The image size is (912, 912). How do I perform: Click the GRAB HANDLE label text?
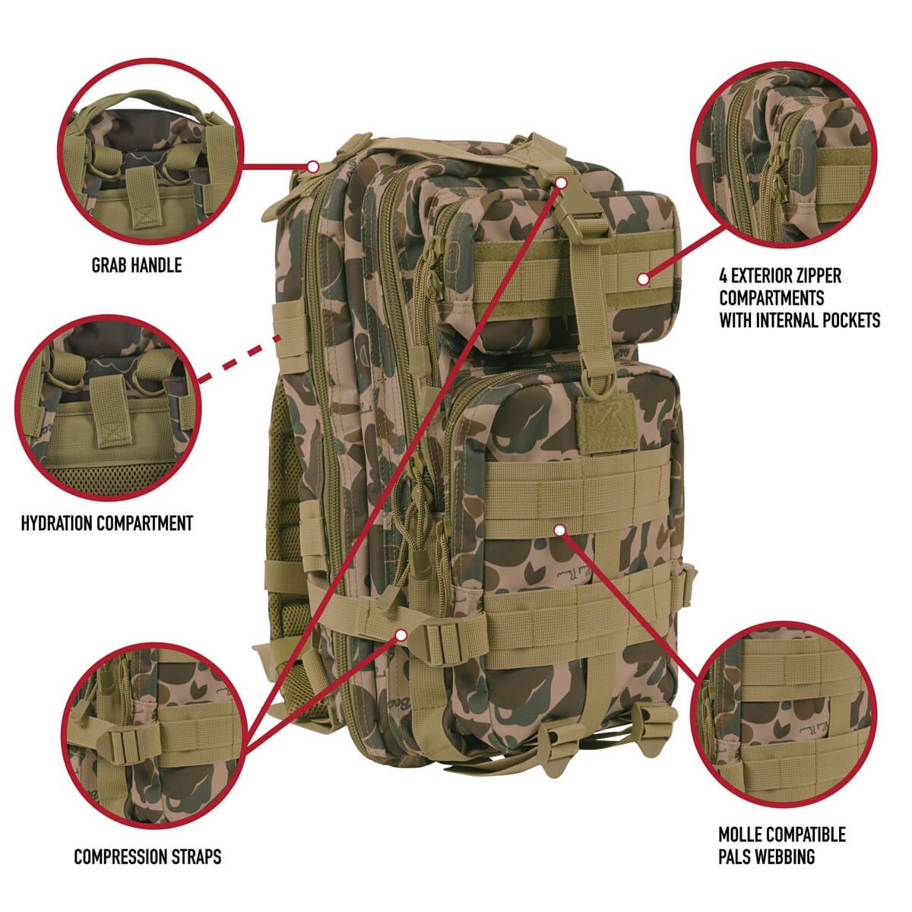click(x=137, y=265)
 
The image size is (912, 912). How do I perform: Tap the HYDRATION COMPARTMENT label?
click(x=107, y=523)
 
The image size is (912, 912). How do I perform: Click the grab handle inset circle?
click(x=150, y=151)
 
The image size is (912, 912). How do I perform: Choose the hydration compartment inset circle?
click(x=107, y=407)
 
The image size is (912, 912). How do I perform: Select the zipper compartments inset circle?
click(x=784, y=155)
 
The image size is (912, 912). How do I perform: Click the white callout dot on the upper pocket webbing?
click(x=643, y=279)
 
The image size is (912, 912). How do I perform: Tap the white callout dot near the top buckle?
click(x=561, y=182)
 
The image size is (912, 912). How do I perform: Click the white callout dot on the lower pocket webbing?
click(x=559, y=530)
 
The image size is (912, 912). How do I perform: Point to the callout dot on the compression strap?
click(x=402, y=635)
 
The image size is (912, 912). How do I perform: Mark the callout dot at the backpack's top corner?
click(x=312, y=166)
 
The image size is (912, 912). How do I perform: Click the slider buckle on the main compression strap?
click(x=439, y=640)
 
